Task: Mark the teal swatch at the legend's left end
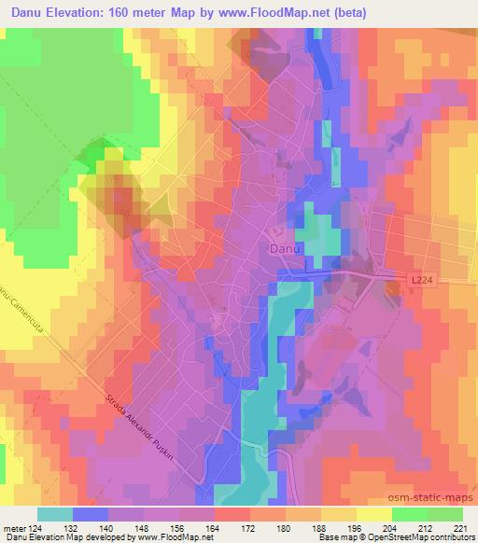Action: (x=55, y=513)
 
